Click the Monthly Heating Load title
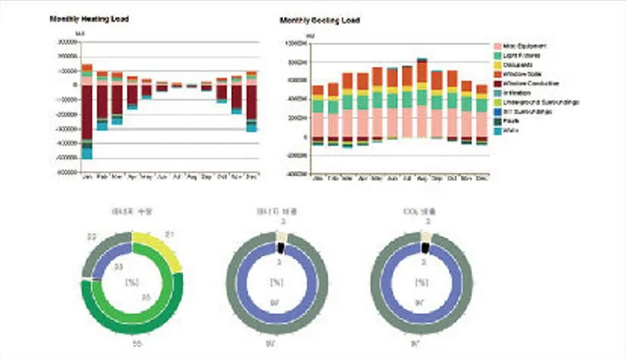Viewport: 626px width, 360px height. tap(89, 19)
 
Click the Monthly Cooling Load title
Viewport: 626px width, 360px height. tap(320, 21)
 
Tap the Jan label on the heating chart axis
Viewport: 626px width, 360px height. tap(87, 177)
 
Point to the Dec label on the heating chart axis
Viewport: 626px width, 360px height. tap(251, 177)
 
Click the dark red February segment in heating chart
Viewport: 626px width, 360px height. tap(102, 100)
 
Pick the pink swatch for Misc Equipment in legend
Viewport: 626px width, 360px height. tap(497, 46)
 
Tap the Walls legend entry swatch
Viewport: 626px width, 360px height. tap(497, 130)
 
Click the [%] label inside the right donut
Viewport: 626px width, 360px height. tap(422, 282)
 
